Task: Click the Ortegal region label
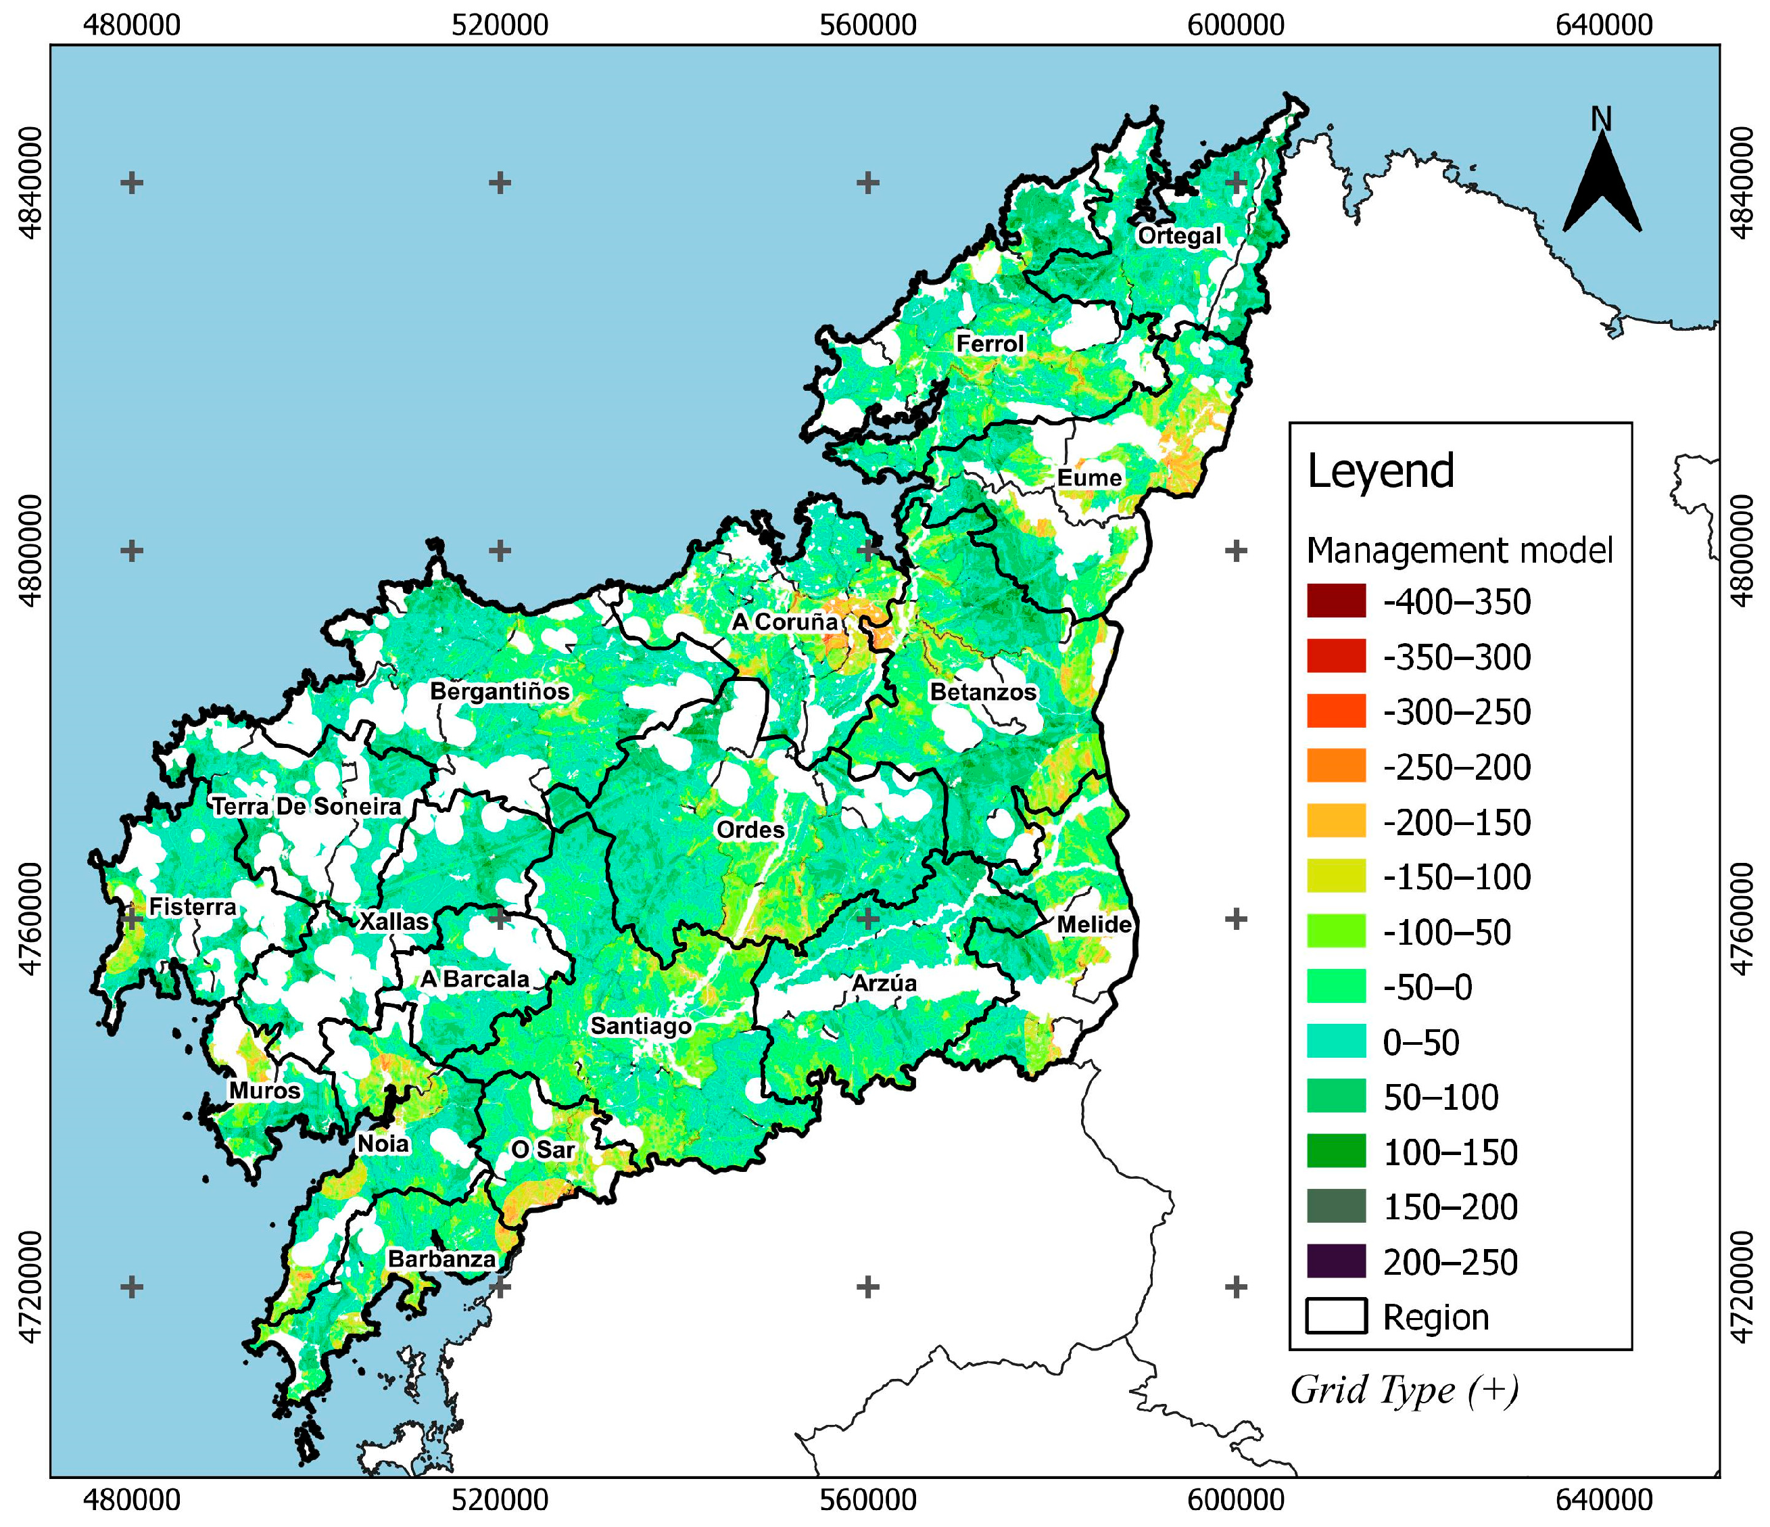[1179, 236]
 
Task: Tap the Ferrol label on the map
[989, 344]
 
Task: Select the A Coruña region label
[784, 622]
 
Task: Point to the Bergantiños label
[499, 691]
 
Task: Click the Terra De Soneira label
[306, 807]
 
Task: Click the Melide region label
[1093, 924]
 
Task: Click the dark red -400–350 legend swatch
[1336, 602]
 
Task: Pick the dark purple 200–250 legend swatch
[1336, 1261]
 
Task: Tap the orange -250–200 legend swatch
[1336, 766]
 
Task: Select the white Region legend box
[1336, 1317]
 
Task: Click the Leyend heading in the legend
[1381, 471]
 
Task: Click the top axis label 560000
[868, 26]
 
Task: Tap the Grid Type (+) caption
[1404, 1391]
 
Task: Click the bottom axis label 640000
[1604, 1500]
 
